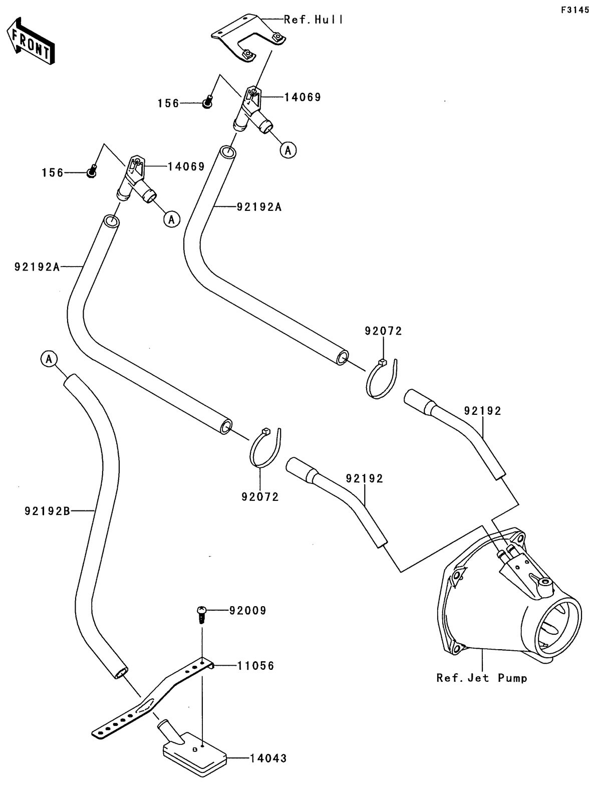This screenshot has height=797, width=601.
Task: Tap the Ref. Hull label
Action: pyautogui.click(x=314, y=20)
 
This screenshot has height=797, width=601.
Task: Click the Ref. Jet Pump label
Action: pyautogui.click(x=482, y=678)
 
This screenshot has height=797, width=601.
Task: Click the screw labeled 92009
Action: pyautogui.click(x=201, y=614)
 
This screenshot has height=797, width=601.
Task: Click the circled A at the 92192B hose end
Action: pyautogui.click(x=49, y=358)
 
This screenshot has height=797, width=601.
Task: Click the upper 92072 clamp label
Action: pyautogui.click(x=383, y=331)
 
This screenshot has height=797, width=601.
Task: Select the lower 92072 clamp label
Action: pyautogui.click(x=260, y=497)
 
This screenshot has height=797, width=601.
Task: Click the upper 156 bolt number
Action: pyautogui.click(x=168, y=103)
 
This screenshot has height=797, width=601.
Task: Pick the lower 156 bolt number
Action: pyautogui.click(x=53, y=173)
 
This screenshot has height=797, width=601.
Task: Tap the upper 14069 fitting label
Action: pyautogui.click(x=303, y=97)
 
